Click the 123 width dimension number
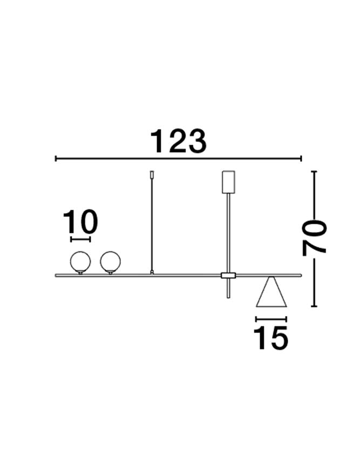[x=178, y=141]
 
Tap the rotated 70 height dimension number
[x=315, y=237]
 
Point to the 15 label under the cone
[x=271, y=338]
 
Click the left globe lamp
[x=80, y=262]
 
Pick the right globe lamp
[x=110, y=262]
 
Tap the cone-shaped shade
[x=271, y=294]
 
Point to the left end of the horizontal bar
[x=57, y=276]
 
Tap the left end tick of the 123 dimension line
[x=56, y=159]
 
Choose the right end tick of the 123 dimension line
[x=301, y=159]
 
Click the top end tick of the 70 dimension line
[x=314, y=171]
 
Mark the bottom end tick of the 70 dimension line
[x=314, y=306]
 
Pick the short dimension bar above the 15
[x=271, y=319]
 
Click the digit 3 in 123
[x=195, y=141]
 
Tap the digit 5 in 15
[x=279, y=338]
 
